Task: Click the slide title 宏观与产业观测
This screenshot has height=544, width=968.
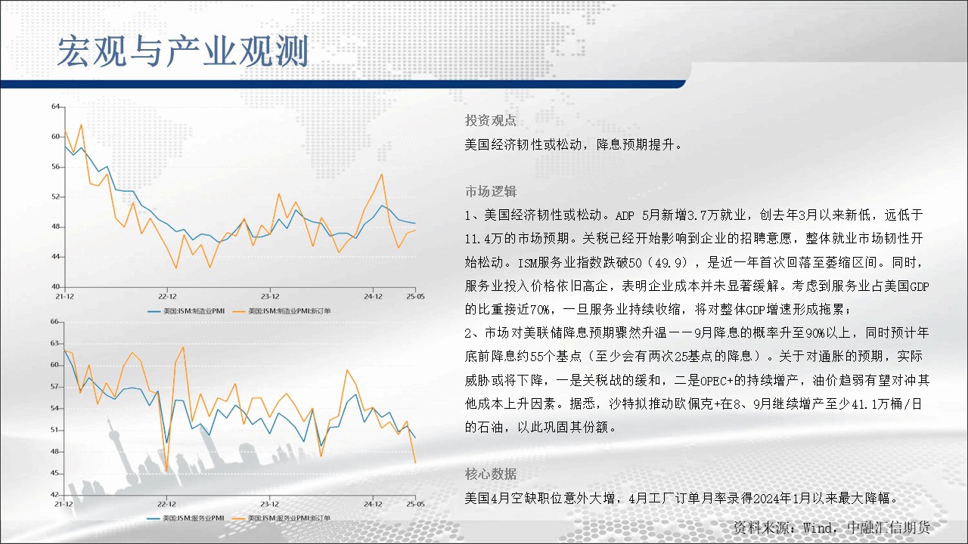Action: pos(183,51)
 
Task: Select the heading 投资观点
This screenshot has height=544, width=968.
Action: pos(491,120)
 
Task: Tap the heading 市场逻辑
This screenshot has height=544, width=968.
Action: pos(491,191)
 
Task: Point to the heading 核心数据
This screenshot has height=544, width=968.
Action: pos(491,474)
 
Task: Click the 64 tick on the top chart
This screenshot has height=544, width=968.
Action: pos(56,107)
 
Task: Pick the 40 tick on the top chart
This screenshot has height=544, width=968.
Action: pos(56,286)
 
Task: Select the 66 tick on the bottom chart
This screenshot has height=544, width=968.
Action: pos(54,321)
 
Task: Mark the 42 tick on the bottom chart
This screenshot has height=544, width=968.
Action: pos(54,494)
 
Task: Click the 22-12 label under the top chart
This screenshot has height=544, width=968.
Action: pos(167,297)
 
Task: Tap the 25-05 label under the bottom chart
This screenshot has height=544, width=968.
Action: pos(415,504)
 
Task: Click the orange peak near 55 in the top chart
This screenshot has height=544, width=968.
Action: pos(382,175)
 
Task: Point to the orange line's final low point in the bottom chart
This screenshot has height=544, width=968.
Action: pos(415,463)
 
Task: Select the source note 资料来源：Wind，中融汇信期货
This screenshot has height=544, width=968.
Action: pos(832,527)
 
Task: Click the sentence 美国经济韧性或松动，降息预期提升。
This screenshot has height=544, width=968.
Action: pos(573,144)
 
